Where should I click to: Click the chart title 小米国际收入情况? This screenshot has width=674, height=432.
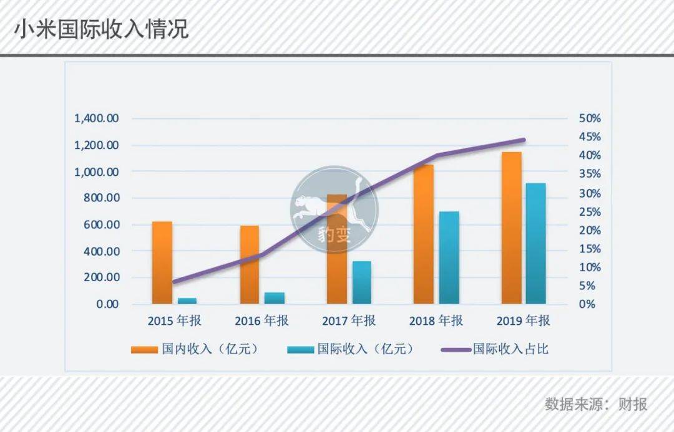(102, 30)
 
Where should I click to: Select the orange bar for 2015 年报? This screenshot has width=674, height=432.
(162, 262)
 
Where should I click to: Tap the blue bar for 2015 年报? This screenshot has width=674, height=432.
(187, 300)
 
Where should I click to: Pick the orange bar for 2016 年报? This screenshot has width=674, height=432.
(249, 264)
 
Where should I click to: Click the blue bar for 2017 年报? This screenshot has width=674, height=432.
(361, 282)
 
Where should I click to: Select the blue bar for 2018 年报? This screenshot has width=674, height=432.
(449, 257)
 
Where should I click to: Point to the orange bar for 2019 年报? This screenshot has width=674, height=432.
(512, 228)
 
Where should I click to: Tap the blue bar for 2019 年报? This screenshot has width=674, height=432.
(535, 244)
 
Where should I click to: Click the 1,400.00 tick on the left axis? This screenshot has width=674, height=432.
(97, 118)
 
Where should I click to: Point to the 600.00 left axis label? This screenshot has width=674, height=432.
(101, 224)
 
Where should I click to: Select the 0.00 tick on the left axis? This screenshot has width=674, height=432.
(107, 304)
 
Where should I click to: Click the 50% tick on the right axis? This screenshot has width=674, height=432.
(590, 118)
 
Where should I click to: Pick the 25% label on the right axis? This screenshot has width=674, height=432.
(590, 212)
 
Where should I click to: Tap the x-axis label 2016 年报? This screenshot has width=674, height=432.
(261, 321)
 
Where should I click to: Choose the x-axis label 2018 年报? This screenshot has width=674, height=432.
(436, 321)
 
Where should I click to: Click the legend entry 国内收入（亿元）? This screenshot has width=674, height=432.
(196, 348)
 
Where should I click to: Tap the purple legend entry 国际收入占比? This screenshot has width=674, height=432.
(495, 348)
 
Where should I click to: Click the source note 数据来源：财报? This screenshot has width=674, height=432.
(596, 404)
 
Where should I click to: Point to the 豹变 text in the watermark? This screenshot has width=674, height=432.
(334, 235)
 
